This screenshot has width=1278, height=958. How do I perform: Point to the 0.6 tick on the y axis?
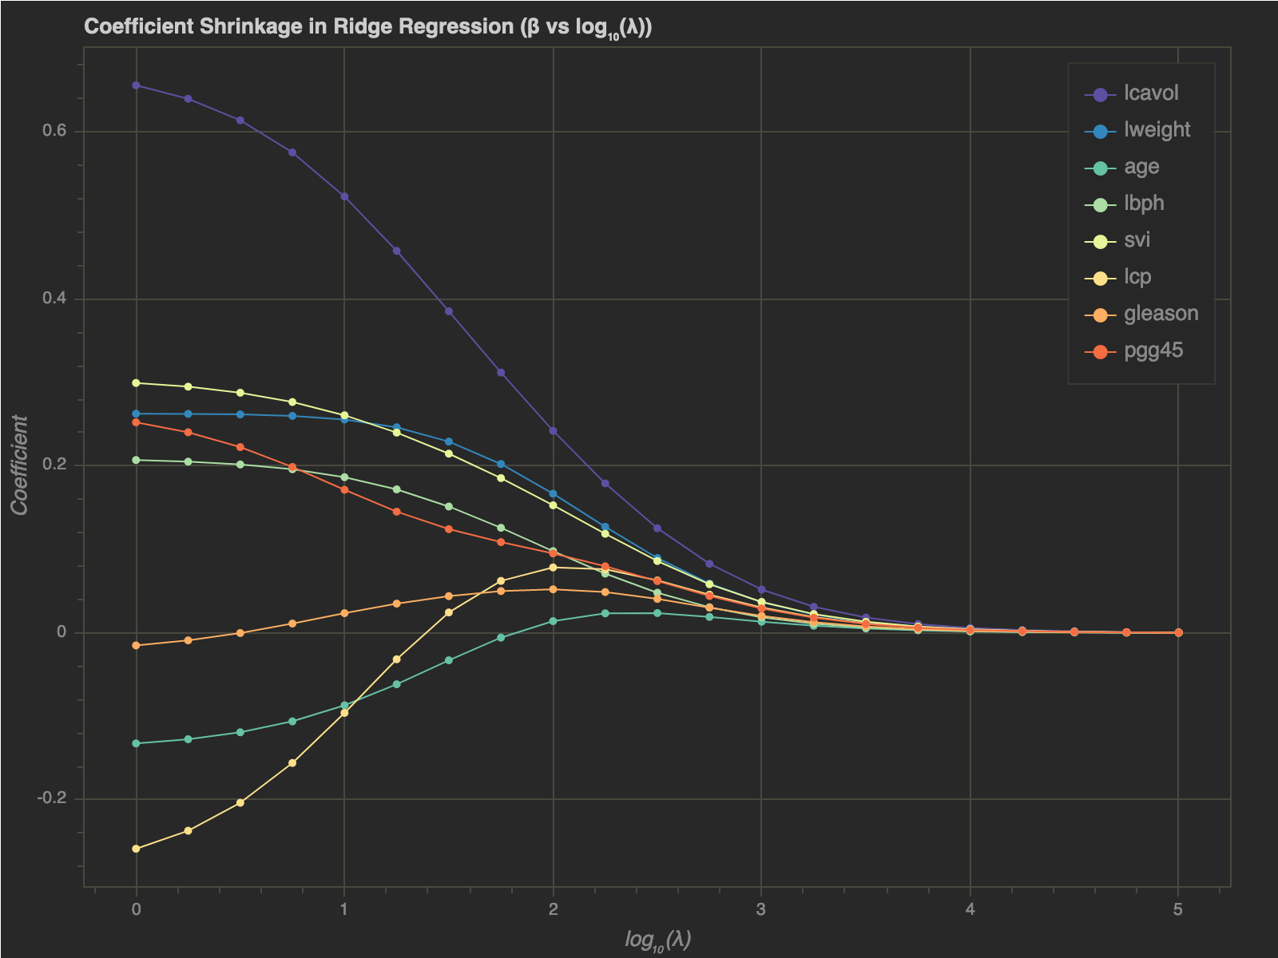click(54, 132)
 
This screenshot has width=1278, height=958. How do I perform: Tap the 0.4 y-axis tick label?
click(54, 299)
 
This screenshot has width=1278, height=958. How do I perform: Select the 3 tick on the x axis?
click(761, 909)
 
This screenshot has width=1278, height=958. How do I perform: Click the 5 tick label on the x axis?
click(1178, 909)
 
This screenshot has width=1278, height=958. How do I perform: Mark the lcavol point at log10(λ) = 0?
click(136, 85)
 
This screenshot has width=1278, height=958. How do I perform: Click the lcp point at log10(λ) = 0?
click(136, 849)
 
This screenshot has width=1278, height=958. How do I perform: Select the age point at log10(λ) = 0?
click(136, 743)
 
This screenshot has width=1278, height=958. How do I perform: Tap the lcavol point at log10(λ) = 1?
click(344, 196)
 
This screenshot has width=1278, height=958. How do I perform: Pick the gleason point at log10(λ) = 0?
click(136, 645)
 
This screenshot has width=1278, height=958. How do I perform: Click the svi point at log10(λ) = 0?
click(136, 383)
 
